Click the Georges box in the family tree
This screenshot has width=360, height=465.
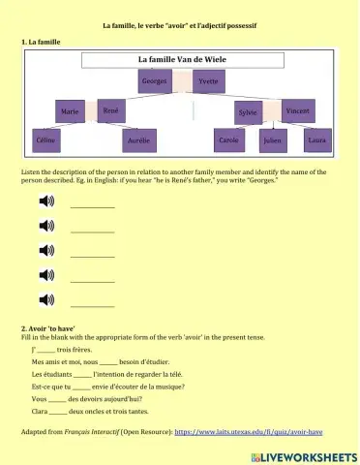tap(154, 82)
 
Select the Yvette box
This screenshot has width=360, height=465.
tap(207, 82)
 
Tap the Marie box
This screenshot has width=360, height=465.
tap(70, 112)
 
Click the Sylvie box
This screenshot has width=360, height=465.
tap(248, 113)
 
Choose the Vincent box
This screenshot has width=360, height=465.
tap(298, 111)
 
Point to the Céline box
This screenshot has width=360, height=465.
tap(45, 140)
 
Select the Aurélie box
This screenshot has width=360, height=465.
tap(137, 141)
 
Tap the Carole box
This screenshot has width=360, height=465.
tap(228, 140)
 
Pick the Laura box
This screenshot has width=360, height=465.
tap(315, 140)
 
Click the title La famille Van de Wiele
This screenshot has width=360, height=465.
tap(180, 60)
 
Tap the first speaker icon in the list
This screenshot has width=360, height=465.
tap(45, 201)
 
